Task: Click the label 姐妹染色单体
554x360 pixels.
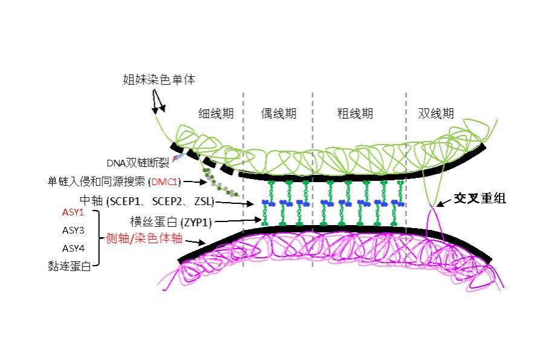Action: (x=159, y=79)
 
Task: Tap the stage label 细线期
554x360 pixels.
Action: (x=216, y=113)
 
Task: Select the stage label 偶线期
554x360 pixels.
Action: (x=278, y=113)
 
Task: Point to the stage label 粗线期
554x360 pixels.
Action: (x=355, y=113)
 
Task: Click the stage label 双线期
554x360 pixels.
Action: (x=435, y=113)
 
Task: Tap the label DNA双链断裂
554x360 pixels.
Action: (x=138, y=163)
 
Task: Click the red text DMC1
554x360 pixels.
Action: (x=165, y=182)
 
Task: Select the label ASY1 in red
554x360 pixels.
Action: (x=73, y=212)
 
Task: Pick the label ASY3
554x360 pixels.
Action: (x=73, y=231)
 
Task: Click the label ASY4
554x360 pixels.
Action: (x=73, y=248)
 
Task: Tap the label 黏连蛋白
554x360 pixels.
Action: (x=69, y=266)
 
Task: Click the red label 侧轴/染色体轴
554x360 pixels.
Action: (x=144, y=238)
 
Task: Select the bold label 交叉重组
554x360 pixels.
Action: (x=480, y=198)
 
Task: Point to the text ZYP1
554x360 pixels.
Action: (x=195, y=223)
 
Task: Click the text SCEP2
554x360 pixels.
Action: (x=167, y=201)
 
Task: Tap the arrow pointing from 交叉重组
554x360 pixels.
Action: (x=445, y=202)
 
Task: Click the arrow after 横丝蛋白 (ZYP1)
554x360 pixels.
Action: (x=238, y=221)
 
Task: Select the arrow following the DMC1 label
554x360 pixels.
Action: (x=195, y=182)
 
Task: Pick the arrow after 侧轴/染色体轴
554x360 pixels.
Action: (x=195, y=243)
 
